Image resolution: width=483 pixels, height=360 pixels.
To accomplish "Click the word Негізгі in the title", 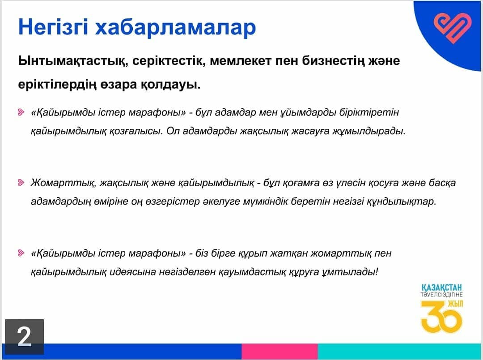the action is click(53, 27).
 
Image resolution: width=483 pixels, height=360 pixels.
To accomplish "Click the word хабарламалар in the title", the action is click(175, 27).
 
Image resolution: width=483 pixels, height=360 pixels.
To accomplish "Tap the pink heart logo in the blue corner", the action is click(453, 28).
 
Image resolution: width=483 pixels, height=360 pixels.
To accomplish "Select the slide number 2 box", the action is click(24, 337).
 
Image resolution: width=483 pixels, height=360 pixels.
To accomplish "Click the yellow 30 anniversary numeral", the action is click(441, 317).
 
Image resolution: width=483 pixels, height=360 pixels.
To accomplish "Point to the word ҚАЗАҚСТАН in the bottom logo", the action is click(442, 288).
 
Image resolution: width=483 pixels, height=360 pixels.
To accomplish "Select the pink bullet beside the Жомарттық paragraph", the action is click(21, 182).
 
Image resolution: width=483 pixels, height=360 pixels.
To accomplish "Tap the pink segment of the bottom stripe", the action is click(280, 351).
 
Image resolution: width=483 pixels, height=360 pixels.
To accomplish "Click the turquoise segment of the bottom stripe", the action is click(399, 351).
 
